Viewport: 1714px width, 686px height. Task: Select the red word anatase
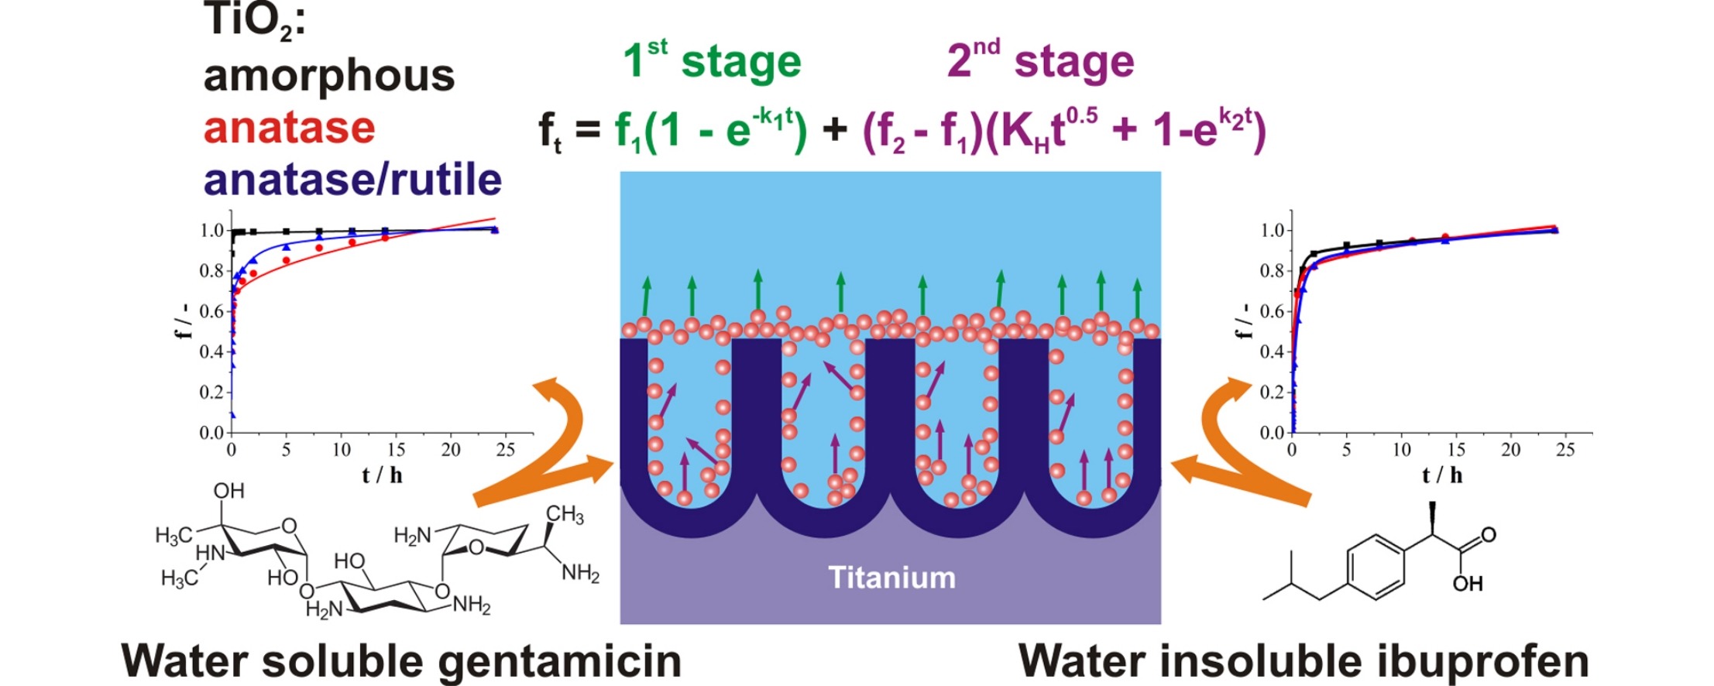290,128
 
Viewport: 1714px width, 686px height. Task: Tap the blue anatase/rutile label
352,180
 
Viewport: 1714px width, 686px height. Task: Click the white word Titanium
891,578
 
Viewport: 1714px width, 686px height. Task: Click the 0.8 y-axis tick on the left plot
212,271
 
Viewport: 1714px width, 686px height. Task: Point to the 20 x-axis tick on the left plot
451,450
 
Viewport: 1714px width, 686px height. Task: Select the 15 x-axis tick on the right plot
1456,450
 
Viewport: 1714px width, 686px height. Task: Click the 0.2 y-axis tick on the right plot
1273,392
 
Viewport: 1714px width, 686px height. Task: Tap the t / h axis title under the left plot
382,475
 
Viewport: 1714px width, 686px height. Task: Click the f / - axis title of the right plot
1243,321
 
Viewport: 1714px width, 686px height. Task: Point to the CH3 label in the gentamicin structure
565,516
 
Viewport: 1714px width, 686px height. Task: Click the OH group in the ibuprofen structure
1468,583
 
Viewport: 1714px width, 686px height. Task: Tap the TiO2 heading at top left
255,20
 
